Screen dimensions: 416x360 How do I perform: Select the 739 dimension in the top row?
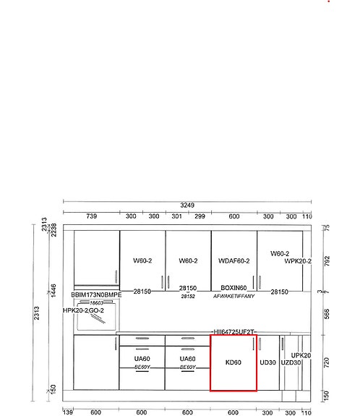[x=92, y=216]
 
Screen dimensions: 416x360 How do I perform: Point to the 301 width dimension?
[x=177, y=216]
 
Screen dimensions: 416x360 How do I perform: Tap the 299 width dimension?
[x=200, y=216]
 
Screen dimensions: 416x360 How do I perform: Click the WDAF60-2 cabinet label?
[x=233, y=261]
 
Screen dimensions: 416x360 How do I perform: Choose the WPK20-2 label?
[x=298, y=261]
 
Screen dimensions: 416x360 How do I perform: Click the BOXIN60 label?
[x=233, y=288]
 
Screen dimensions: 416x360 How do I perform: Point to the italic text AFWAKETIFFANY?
[x=233, y=297]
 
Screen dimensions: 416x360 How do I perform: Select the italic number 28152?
[x=188, y=297]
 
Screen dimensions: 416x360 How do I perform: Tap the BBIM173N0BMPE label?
[x=96, y=295]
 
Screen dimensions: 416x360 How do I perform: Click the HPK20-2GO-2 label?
[x=83, y=310]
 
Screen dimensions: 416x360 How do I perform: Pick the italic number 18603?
[x=96, y=303]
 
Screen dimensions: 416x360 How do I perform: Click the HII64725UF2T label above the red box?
[x=233, y=331]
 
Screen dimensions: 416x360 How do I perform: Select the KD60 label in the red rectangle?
[x=233, y=362]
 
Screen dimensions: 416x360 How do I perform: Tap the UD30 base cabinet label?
[x=267, y=362]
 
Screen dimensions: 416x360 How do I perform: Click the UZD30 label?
[x=291, y=362]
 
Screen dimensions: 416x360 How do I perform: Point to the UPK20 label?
[x=301, y=355]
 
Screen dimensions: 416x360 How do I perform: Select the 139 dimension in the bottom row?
[x=69, y=412]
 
